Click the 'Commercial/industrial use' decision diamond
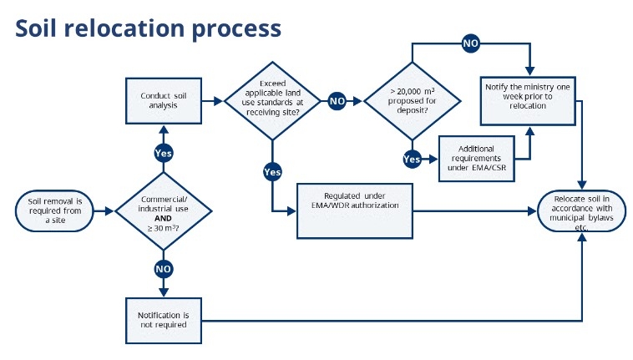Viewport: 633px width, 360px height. (164, 211)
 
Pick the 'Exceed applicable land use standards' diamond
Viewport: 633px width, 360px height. (272, 101)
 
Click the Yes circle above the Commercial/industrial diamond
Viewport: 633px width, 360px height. (164, 153)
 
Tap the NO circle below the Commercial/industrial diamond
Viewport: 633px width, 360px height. (164, 269)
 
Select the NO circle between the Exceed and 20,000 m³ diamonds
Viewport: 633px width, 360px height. (337, 101)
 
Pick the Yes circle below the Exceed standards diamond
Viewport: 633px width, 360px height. (272, 171)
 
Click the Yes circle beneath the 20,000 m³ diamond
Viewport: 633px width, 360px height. (413, 158)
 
